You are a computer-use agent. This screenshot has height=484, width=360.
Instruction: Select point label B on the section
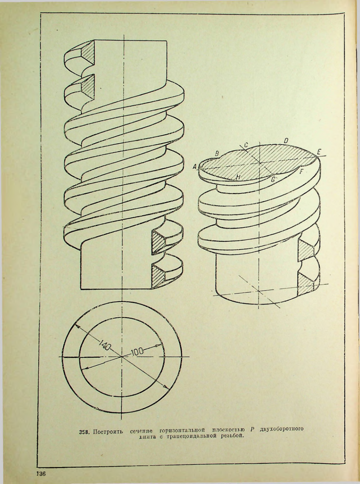[217, 153]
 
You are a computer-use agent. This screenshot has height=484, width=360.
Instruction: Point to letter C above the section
[246, 145]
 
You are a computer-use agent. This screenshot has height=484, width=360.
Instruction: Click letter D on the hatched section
[285, 141]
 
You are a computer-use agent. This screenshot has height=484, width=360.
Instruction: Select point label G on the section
[273, 180]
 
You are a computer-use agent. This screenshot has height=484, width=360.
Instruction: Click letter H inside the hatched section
[238, 177]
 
